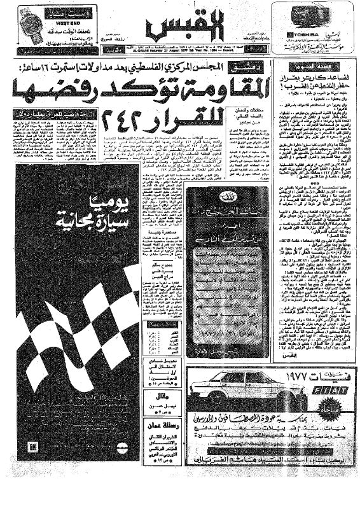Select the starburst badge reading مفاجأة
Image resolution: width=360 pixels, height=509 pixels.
coord(338,412)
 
